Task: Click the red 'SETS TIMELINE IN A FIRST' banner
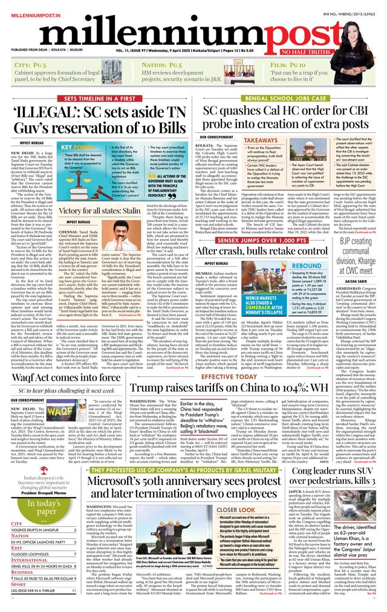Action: (x=100, y=99)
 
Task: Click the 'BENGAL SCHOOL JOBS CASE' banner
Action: (x=293, y=99)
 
